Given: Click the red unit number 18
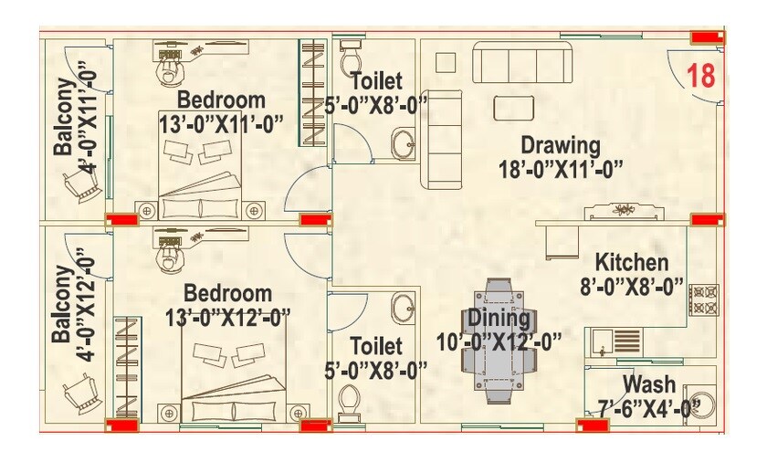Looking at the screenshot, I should tap(701, 76).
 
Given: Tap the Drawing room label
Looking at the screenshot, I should tap(561, 145).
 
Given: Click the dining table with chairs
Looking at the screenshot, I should tap(499, 340).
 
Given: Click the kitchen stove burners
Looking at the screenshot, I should tap(704, 300).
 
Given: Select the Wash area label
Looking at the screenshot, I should tap(649, 384).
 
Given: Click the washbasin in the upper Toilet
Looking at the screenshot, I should tap(403, 142).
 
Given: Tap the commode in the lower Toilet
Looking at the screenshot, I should tap(347, 397).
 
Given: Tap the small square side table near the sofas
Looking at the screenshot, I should tap(445, 62).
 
